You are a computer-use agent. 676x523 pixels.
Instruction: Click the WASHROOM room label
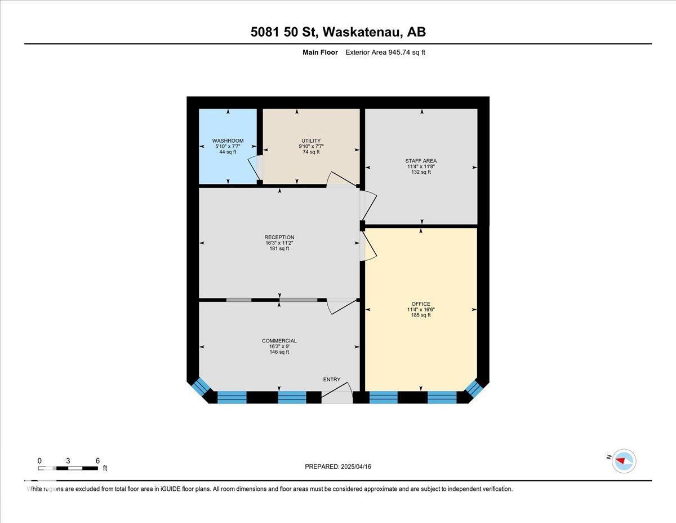pos(228,141)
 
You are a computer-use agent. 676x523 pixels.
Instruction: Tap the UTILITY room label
pos(311,141)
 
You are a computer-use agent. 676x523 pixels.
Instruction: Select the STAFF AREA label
pos(421,161)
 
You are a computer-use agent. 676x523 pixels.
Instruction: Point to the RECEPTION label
pos(279,238)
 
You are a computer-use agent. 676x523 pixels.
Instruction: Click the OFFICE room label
pos(421,304)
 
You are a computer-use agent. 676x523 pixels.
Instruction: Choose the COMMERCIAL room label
pos(279,341)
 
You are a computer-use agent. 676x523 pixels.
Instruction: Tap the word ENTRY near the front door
pos(332,379)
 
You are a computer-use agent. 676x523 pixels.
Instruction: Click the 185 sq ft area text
pos(421,315)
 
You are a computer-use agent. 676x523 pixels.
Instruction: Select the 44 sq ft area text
pos(228,152)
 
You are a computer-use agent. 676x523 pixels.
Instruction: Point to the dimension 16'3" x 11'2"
pos(279,243)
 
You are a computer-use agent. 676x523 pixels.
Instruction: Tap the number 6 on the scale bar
pos(97,461)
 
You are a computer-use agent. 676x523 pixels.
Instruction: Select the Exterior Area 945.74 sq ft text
pos(385,52)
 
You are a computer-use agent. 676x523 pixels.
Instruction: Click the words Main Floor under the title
pos(320,52)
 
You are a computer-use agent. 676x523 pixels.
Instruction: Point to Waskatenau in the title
pos(361,32)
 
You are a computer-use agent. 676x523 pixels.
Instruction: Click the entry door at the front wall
pos(337,393)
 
